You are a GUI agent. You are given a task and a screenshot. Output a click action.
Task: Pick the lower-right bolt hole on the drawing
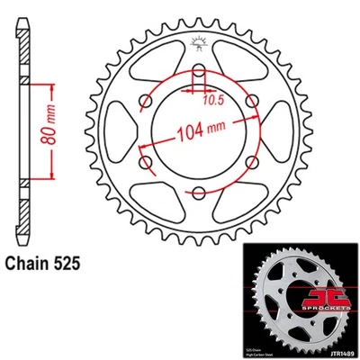[x=247, y=162]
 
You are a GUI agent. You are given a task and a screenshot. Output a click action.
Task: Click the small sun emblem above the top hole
[x=196, y=42]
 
